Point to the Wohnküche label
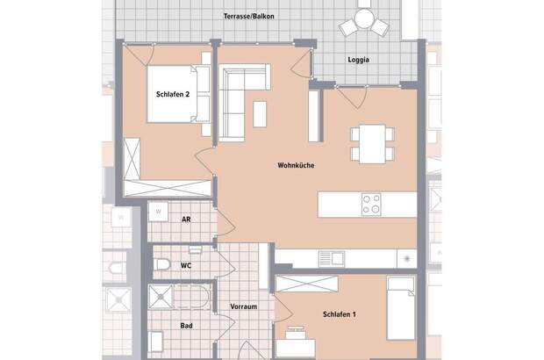coord(296,165)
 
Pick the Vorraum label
coord(242,307)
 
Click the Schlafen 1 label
coord(339,314)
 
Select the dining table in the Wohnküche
coord(371,143)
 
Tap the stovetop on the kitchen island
coord(371,204)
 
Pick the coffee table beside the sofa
coord(261,113)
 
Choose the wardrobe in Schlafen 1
coord(307,283)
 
